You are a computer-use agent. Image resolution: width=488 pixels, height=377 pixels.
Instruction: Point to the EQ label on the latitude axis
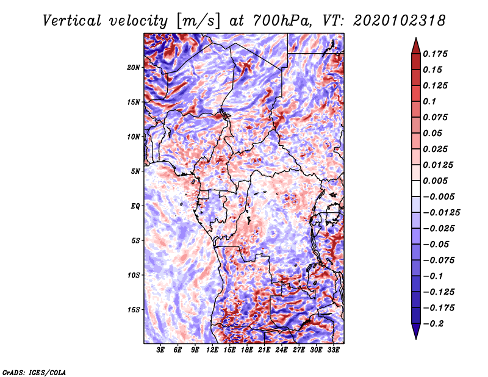135,206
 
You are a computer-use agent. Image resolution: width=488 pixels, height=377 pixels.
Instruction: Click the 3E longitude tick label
161,350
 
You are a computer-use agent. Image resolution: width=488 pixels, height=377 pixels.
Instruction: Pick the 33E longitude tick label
334,350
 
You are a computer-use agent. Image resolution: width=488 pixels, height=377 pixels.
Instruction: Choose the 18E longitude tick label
247,350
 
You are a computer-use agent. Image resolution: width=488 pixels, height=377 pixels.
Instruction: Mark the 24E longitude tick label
282,350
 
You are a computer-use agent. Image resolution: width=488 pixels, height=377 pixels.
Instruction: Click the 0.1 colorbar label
431,101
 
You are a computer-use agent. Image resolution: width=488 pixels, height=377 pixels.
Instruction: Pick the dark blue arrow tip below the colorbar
415,334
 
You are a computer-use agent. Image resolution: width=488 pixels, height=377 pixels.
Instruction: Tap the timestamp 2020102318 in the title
390,21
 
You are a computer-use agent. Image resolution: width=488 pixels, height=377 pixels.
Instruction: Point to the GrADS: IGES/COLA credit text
34,372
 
